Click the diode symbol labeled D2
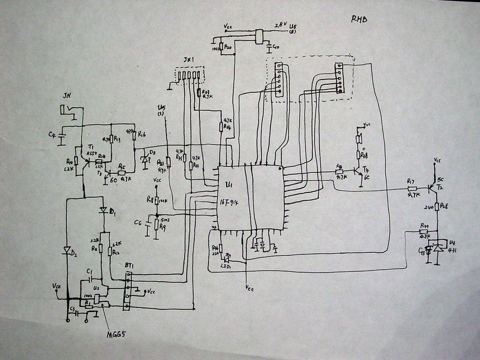pos(67,251)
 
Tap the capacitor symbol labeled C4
pos(61,138)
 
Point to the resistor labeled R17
pos(411,188)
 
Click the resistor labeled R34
pos(221,126)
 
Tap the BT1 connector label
pos(129,266)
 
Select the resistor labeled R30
pos(425,231)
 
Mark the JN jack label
pos(67,95)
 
